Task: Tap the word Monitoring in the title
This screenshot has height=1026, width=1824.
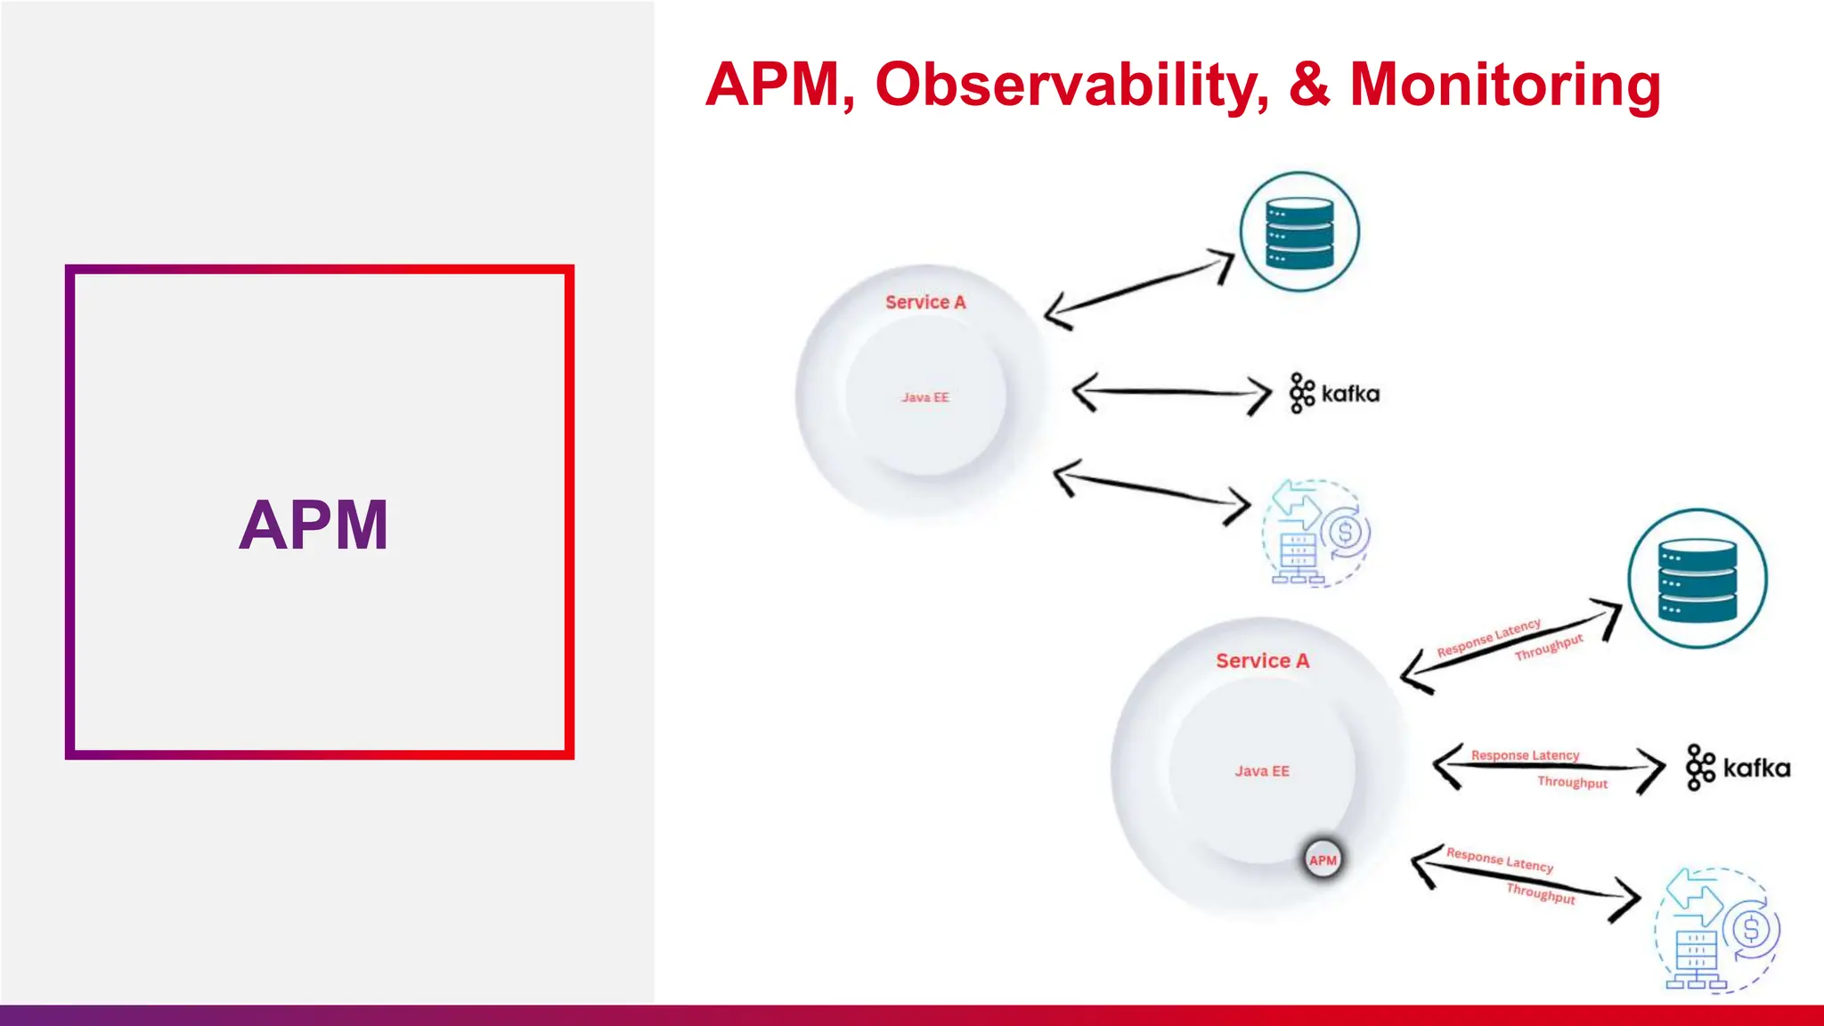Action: (x=1505, y=85)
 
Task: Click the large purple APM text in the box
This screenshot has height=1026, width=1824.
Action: (x=313, y=525)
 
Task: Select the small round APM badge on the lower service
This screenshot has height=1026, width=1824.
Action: (x=1323, y=860)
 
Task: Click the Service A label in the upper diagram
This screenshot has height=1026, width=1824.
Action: (x=925, y=302)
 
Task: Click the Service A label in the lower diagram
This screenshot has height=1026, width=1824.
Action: (x=1262, y=661)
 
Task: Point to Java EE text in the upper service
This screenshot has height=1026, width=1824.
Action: (x=925, y=397)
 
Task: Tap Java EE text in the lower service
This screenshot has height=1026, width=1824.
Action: (x=1262, y=771)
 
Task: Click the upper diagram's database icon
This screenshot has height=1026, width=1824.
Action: (x=1300, y=232)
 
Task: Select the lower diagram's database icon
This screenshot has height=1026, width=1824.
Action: (x=1698, y=579)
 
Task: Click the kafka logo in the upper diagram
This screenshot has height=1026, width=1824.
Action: (x=1334, y=394)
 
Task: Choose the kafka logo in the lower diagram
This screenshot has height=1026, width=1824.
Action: (x=1738, y=768)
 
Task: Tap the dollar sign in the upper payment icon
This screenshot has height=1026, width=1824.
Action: (x=1345, y=533)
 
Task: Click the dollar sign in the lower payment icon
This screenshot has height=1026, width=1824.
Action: (x=1751, y=930)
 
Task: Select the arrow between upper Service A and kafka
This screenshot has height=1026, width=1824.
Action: (x=1171, y=393)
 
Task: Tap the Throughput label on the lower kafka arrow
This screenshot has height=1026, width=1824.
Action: (x=1572, y=782)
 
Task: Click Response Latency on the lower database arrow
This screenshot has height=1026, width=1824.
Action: (x=1488, y=638)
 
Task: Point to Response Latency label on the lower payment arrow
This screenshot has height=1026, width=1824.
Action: (x=1500, y=859)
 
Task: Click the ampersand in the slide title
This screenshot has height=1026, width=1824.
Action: (x=1309, y=85)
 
